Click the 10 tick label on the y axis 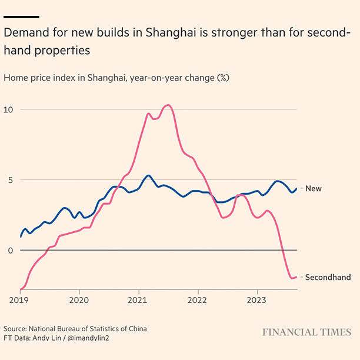[8, 109]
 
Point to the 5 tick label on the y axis [8, 180]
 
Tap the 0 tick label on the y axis [8, 251]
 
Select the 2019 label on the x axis [20, 299]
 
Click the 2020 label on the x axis [79, 299]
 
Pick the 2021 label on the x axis [138, 299]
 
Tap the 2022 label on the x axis [198, 299]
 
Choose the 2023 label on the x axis [257, 299]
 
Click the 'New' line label [313, 189]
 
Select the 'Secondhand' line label [328, 277]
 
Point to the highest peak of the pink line [168, 105]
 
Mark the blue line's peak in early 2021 [148, 175]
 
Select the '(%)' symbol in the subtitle [223, 78]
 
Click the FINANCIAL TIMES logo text [306, 332]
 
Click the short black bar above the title [21, 16]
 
